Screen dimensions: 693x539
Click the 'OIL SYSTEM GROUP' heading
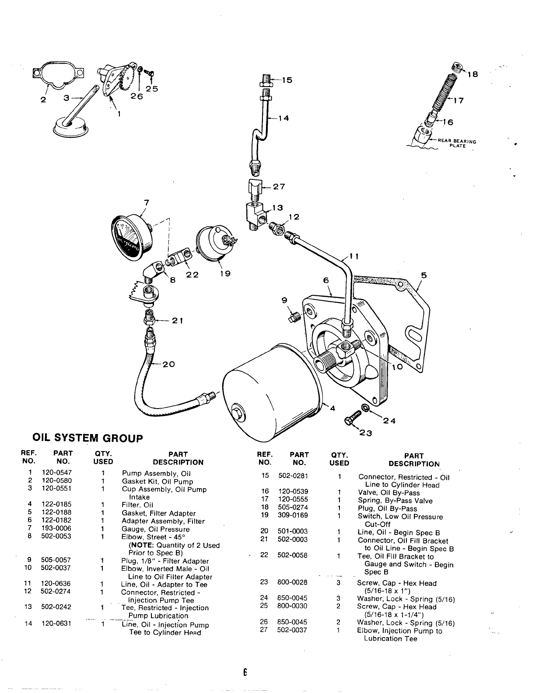(x=88, y=438)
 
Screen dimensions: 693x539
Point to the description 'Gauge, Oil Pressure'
(x=155, y=529)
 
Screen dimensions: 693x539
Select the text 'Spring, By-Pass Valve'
(x=395, y=500)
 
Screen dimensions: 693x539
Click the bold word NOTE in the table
(x=141, y=545)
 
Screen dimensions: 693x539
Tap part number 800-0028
(x=292, y=582)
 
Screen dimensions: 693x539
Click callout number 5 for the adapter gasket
(x=423, y=275)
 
